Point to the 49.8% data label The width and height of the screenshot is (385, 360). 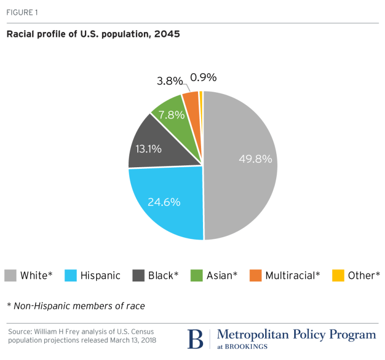point(255,159)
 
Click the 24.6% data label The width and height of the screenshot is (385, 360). point(164,202)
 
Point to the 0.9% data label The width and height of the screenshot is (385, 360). point(204,77)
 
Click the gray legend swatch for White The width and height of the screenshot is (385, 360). point(11,275)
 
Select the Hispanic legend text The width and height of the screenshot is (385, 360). point(100,275)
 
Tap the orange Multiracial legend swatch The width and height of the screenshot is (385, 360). point(256,275)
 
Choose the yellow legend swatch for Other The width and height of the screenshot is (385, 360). point(338,275)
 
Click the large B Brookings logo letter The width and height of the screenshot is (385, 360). point(195,339)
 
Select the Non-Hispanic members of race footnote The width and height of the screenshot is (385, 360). point(76,305)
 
